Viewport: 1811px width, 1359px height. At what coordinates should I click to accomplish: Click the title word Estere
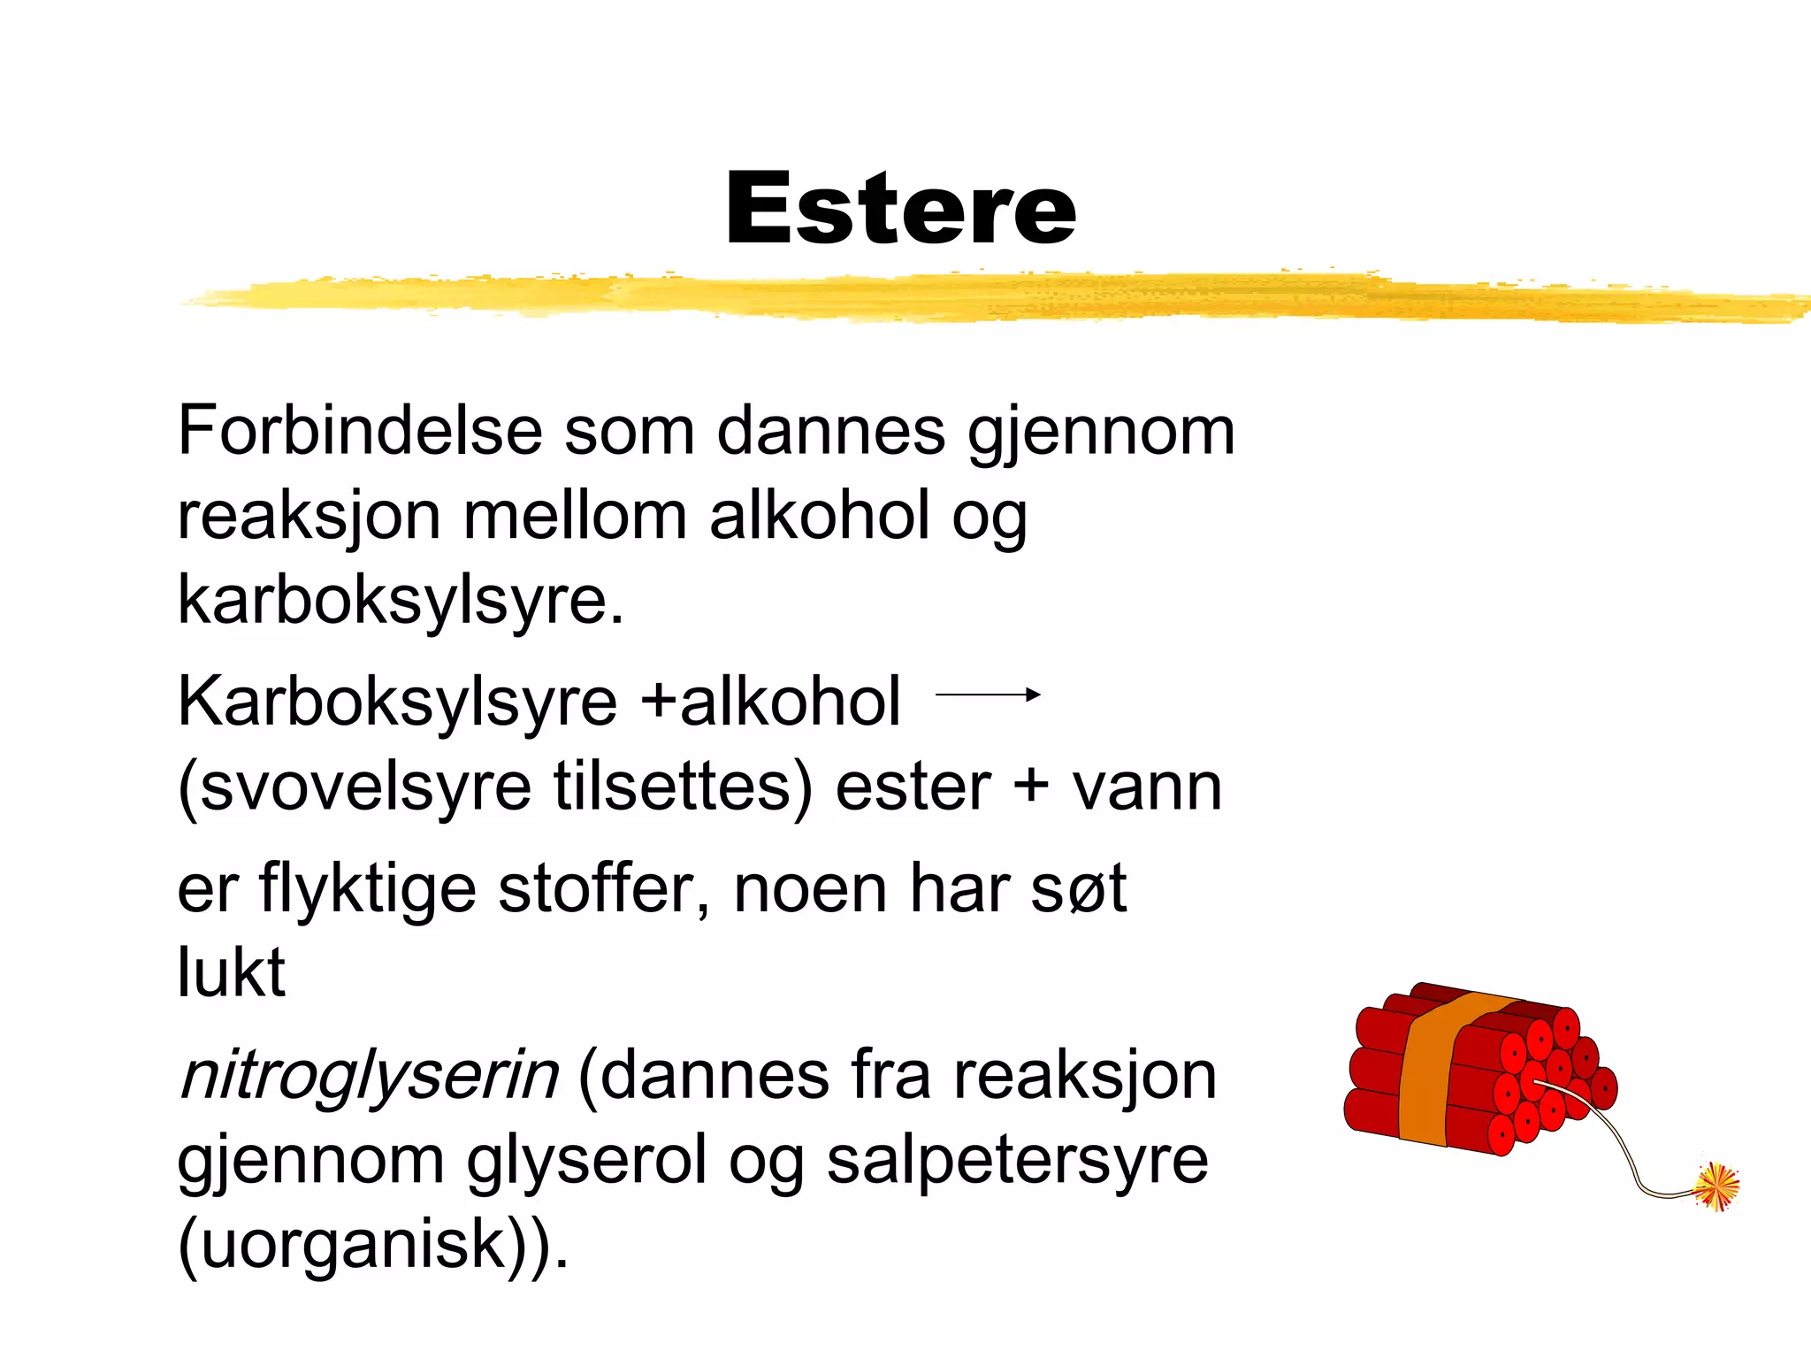(x=900, y=209)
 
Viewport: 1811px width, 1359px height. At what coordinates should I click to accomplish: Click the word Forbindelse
(x=360, y=432)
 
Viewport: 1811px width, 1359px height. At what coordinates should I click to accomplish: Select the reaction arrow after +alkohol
(x=987, y=695)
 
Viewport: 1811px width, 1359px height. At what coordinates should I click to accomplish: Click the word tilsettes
(x=681, y=787)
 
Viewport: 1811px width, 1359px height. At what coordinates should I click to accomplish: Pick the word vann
(x=1147, y=787)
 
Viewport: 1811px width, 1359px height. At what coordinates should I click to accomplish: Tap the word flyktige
(x=367, y=889)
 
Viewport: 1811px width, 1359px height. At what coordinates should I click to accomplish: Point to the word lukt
(x=232, y=972)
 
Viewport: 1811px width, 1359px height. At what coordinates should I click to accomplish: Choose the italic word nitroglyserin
(x=369, y=1077)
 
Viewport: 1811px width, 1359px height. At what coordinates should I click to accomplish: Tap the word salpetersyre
(x=1017, y=1161)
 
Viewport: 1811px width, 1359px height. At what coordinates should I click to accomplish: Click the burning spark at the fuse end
(x=1716, y=1186)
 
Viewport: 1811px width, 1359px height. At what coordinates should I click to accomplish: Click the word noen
(x=810, y=889)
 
